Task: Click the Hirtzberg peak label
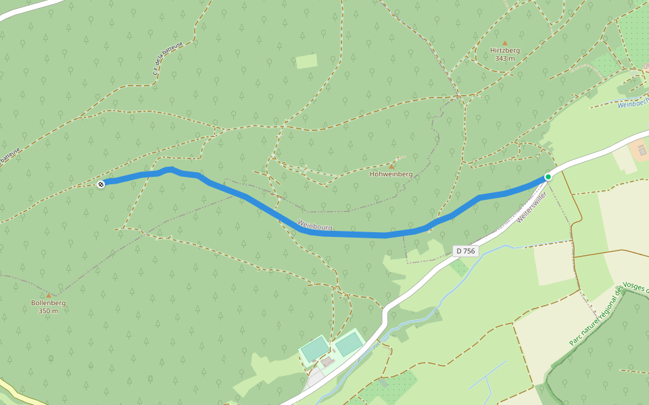pos(504,50)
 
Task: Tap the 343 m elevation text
pos(504,59)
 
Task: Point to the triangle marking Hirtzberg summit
pos(504,43)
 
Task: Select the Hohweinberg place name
pos(391,174)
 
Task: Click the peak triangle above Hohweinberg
pos(391,166)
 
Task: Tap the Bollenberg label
pos(48,303)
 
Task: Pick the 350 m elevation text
pos(48,311)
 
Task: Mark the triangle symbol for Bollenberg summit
pos(48,296)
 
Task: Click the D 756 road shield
pos(465,251)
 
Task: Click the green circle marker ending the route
pos(548,177)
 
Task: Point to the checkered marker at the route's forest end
pos(101,184)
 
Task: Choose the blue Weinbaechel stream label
pos(633,103)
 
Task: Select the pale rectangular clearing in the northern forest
pos(306,61)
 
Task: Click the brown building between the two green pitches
pos(328,362)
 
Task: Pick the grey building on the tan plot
pos(642,151)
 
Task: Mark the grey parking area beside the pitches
pos(315,378)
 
